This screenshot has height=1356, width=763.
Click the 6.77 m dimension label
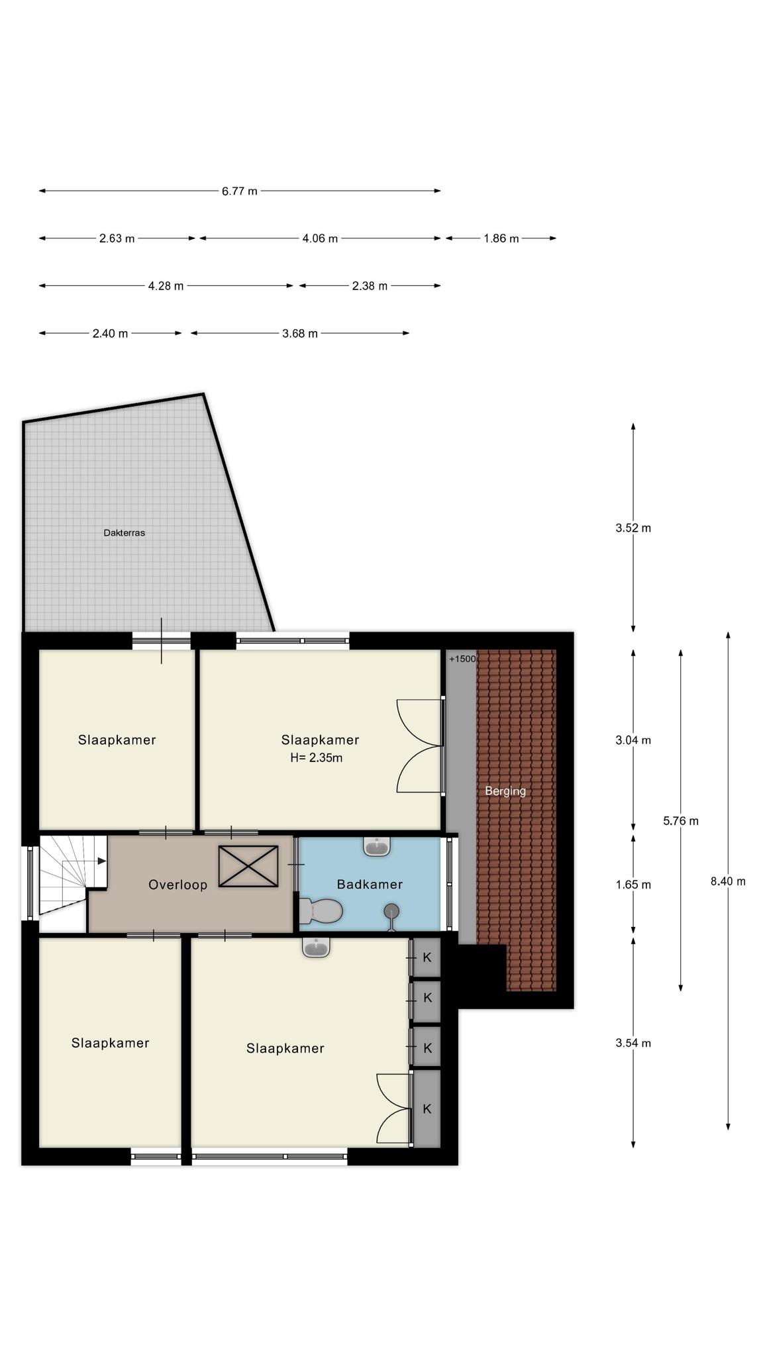(239, 191)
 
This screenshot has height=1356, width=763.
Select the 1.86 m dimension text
(501, 238)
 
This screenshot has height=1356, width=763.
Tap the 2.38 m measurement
(370, 286)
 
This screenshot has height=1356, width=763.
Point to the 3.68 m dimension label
(300, 334)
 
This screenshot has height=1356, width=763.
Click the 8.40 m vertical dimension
(728, 881)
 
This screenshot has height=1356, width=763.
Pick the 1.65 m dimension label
(633, 885)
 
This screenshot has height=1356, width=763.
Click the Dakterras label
(125, 532)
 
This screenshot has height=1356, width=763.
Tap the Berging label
(505, 791)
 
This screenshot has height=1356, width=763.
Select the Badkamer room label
(370, 884)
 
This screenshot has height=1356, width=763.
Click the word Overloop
(178, 885)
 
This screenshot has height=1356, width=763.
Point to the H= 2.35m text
(317, 757)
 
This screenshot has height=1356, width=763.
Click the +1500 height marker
(462, 659)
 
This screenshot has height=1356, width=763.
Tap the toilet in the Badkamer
(321, 911)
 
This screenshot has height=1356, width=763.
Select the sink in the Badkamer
(378, 846)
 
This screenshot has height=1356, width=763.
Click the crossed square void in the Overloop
(248, 865)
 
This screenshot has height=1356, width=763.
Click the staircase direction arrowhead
(102, 861)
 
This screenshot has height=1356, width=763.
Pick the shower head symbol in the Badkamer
(392, 912)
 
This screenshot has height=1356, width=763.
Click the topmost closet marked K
(427, 957)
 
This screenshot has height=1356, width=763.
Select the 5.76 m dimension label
(681, 821)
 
